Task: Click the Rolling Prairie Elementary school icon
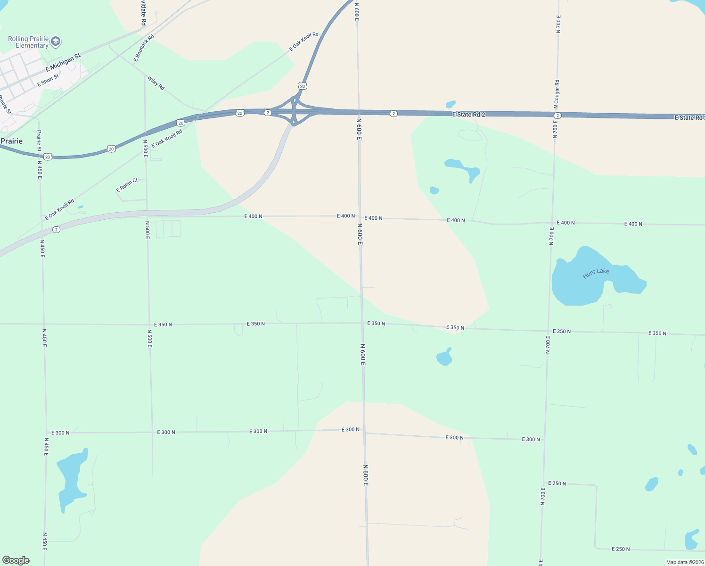coord(56,42)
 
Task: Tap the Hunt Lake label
coord(596,273)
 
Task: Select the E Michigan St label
coord(63,63)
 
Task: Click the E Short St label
coord(49,81)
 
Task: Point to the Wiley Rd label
coord(156,83)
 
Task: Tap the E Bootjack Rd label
coord(144,48)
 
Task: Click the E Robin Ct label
coord(127,185)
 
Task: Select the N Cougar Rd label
coord(557,92)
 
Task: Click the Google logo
coord(16,560)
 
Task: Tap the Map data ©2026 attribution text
coord(684,562)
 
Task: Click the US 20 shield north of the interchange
coord(303,86)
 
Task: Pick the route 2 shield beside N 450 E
coord(57,230)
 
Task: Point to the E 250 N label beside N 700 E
coord(557,483)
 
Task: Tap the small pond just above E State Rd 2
coord(451,104)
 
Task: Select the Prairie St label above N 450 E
coord(39,141)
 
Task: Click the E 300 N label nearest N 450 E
coord(60,433)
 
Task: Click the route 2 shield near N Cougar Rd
coord(557,116)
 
